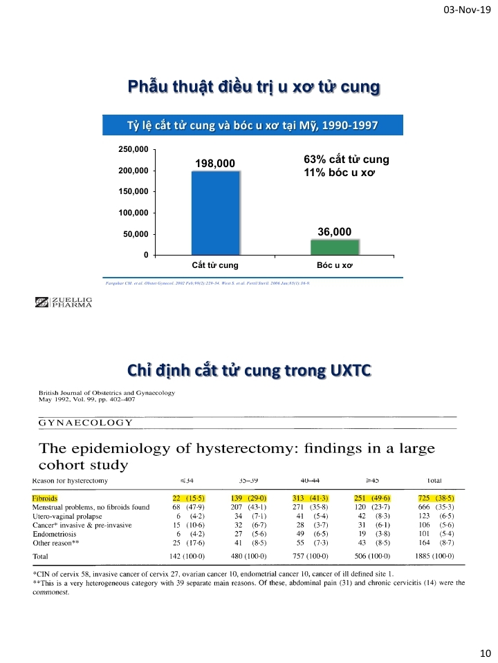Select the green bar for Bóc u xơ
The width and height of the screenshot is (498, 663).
[x=334, y=247]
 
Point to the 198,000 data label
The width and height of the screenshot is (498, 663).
[x=215, y=163]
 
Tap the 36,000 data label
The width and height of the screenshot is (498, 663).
[x=334, y=231]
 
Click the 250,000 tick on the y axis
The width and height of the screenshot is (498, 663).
[x=133, y=149]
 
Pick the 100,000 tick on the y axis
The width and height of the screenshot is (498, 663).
[x=133, y=213]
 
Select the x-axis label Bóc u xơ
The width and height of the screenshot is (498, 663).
[x=334, y=265]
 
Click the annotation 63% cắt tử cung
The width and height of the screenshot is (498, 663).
[x=347, y=160]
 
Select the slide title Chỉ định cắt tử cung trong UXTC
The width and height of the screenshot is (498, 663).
[x=249, y=371]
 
